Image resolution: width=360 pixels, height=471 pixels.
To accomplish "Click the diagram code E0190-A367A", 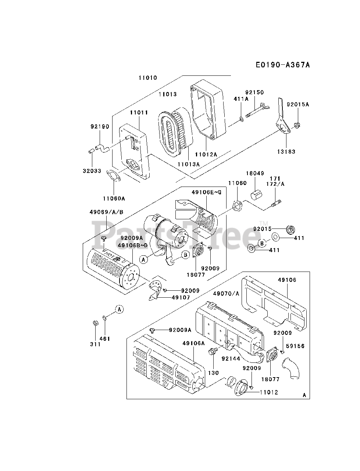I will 283,65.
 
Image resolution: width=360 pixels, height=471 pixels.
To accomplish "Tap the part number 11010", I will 148,78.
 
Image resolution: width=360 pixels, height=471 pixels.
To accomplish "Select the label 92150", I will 255,92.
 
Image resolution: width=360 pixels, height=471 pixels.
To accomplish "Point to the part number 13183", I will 286,152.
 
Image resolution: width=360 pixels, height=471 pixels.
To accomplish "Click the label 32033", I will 92,171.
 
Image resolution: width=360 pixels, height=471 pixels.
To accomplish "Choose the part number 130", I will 214,373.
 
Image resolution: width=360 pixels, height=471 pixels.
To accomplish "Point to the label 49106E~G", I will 206,192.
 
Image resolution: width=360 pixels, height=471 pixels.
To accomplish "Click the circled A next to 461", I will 119,309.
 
